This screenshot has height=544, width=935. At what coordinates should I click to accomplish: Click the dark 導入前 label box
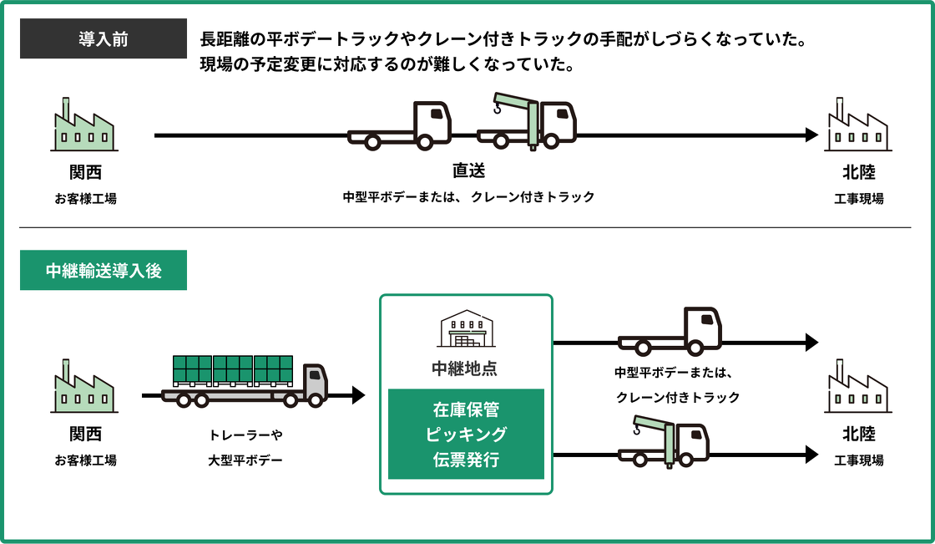click(x=104, y=38)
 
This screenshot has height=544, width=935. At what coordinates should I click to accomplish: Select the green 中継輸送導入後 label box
click(x=104, y=270)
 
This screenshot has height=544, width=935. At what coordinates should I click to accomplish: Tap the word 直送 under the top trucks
click(x=468, y=170)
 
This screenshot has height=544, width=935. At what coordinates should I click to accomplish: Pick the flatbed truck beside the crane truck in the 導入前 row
click(x=401, y=126)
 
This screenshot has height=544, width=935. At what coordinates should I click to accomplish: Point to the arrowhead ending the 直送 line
click(x=811, y=135)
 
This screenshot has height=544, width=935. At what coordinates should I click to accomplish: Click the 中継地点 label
click(x=466, y=368)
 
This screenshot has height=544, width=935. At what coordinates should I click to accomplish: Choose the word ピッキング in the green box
click(x=466, y=435)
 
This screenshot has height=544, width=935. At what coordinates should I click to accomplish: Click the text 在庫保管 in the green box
click(x=466, y=410)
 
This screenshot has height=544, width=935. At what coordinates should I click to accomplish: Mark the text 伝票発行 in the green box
click(x=466, y=459)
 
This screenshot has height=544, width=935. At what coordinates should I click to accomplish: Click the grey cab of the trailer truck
click(x=315, y=381)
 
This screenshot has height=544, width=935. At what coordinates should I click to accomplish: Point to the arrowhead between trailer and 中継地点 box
click(x=359, y=395)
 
